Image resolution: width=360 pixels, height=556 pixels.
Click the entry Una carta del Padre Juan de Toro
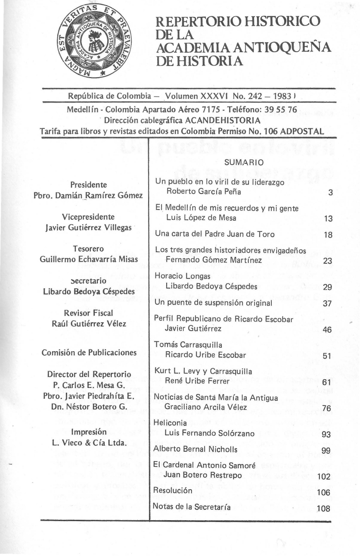[x=214, y=234]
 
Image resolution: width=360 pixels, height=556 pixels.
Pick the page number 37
[x=327, y=303]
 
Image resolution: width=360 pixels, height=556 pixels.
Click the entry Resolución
[x=172, y=491]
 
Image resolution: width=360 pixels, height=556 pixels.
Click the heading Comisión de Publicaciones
[x=89, y=352]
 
